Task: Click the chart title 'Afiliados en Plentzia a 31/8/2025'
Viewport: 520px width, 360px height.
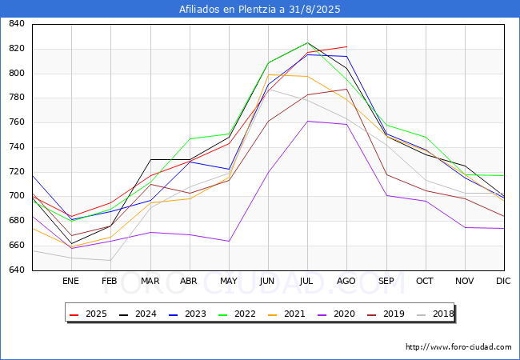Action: click(x=260, y=10)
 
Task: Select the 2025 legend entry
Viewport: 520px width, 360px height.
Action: click(x=90, y=314)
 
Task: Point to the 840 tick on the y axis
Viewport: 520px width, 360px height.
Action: click(x=16, y=25)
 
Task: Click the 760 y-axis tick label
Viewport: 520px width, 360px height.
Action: click(x=16, y=123)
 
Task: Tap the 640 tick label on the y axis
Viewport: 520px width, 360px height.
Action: click(x=16, y=270)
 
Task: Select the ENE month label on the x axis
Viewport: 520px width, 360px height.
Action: click(x=70, y=282)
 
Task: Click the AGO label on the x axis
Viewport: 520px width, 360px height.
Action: click(x=346, y=282)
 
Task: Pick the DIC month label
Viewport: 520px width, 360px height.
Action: click(x=503, y=282)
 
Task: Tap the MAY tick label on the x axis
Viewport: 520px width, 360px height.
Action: click(x=228, y=282)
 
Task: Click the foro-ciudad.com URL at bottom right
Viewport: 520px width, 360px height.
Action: click(x=458, y=347)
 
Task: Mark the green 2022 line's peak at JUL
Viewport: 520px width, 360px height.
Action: click(x=307, y=42)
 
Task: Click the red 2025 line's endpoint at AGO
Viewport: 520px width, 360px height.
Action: click(x=346, y=46)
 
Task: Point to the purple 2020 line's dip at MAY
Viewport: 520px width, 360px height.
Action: click(x=229, y=241)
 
